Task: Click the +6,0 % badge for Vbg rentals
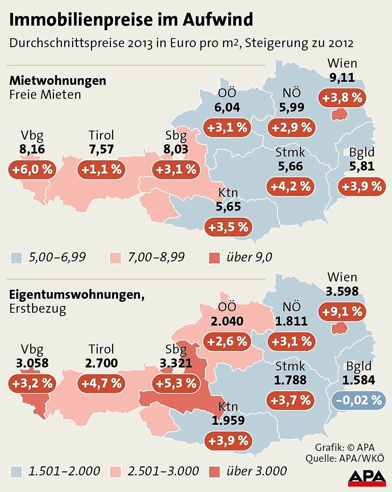32,170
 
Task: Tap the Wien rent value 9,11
342,77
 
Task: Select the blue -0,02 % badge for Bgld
359,400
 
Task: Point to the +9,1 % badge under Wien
342,312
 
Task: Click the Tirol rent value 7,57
101,149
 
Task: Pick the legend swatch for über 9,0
214,258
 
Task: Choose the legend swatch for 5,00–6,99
16,258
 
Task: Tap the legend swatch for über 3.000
214,472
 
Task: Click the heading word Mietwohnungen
58,80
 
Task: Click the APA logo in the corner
367,478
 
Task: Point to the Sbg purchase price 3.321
176,363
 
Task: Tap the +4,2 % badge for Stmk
290,187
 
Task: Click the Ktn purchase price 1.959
228,420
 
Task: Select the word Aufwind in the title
218,20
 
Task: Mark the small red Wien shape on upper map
339,114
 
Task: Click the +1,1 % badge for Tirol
101,170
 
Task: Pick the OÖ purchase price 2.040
227,321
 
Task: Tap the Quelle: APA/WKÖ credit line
345,458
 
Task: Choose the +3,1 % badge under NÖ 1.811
291,341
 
